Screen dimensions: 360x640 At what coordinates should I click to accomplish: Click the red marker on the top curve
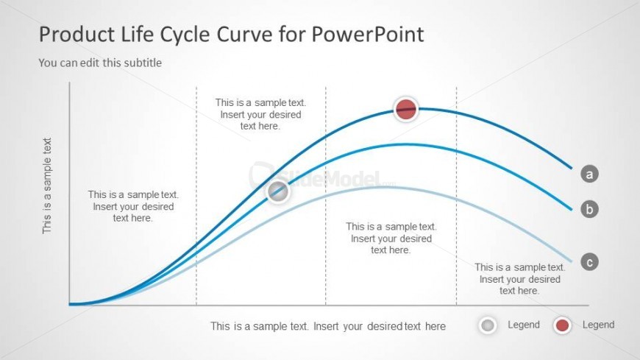pos(405,110)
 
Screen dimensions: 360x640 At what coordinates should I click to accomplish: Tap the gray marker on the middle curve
pos(277,192)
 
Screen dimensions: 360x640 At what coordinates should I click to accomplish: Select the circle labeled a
pos(589,174)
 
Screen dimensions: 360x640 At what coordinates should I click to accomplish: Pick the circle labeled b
pos(589,209)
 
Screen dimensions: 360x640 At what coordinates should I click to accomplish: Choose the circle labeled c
pos(589,261)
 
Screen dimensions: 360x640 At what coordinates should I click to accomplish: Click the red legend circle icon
pos(563,325)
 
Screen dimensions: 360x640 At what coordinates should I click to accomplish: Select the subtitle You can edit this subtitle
pos(100,63)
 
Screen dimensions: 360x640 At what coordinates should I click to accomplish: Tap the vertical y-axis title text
pos(47,186)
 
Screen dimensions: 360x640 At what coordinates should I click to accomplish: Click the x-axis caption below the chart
pos(328,326)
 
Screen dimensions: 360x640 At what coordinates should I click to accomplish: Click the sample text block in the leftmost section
pos(133,206)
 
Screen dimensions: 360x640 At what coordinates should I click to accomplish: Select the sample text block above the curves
pos(260,114)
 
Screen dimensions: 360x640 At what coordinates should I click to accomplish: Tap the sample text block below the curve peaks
pos(391,239)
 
